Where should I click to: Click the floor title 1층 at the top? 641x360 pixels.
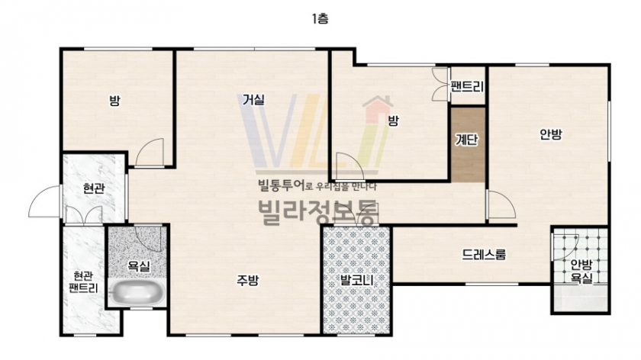(320, 19)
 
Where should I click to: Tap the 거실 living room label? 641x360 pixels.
(253, 99)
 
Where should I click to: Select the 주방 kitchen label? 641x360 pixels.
(248, 281)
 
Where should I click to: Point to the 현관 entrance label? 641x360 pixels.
(94, 188)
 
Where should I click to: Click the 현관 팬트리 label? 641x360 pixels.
(83, 282)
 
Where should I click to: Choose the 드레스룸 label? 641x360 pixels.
(484, 255)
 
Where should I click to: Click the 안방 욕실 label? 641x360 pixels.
(581, 272)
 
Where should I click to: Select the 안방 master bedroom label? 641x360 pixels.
(551, 134)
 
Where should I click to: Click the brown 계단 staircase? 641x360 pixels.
(468, 145)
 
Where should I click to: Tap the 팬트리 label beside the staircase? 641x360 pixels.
(467, 87)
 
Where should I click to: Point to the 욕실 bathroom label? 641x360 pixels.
(139, 266)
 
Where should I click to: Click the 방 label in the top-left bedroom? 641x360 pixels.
(114, 101)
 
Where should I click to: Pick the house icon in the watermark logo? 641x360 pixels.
(378, 109)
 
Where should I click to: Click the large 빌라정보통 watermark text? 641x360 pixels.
(318, 213)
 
